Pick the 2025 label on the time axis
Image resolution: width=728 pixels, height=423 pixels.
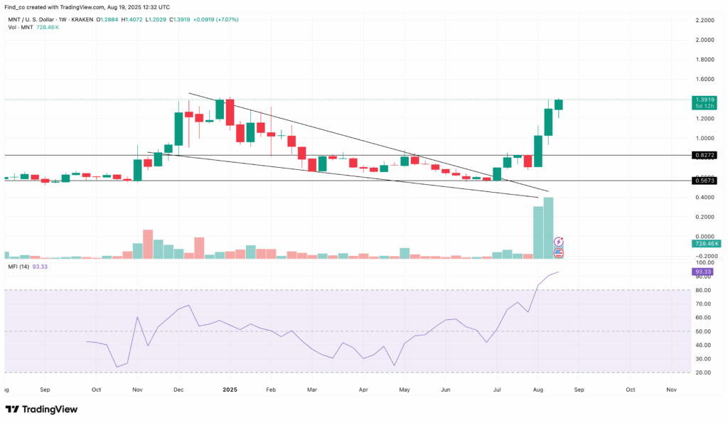pyautogui.click(x=229, y=390)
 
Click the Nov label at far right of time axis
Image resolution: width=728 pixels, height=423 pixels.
pyautogui.click(x=671, y=390)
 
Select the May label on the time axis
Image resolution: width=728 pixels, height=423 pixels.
pyautogui.click(x=404, y=390)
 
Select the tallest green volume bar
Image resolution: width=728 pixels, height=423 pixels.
pyautogui.click(x=548, y=227)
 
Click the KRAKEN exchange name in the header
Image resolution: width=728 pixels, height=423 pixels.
pyautogui.click(x=82, y=19)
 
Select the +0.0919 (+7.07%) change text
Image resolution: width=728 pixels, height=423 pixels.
pyautogui.click(x=215, y=19)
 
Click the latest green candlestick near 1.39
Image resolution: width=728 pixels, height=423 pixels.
pyautogui.click(x=559, y=105)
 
